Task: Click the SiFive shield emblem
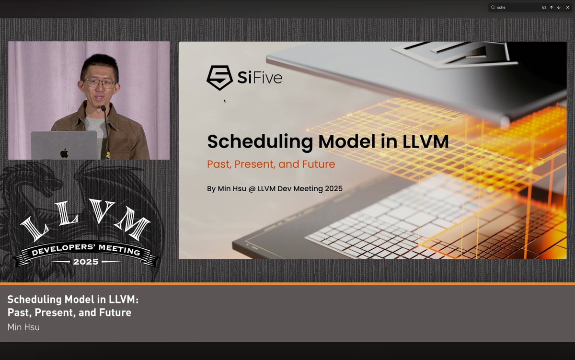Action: point(219,78)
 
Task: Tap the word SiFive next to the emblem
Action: point(260,77)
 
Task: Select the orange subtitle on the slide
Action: point(271,164)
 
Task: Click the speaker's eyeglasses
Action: point(99,83)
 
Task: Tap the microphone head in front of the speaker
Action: point(103,109)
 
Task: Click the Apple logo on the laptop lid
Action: point(64,152)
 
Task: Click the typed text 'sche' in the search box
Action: point(501,8)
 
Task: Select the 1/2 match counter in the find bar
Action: point(544,8)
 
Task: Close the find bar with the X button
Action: point(567,8)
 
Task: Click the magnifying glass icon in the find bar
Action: point(493,8)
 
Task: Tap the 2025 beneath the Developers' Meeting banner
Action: point(86,262)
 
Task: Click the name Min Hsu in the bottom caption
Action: point(23,327)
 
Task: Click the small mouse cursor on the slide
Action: point(224,101)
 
